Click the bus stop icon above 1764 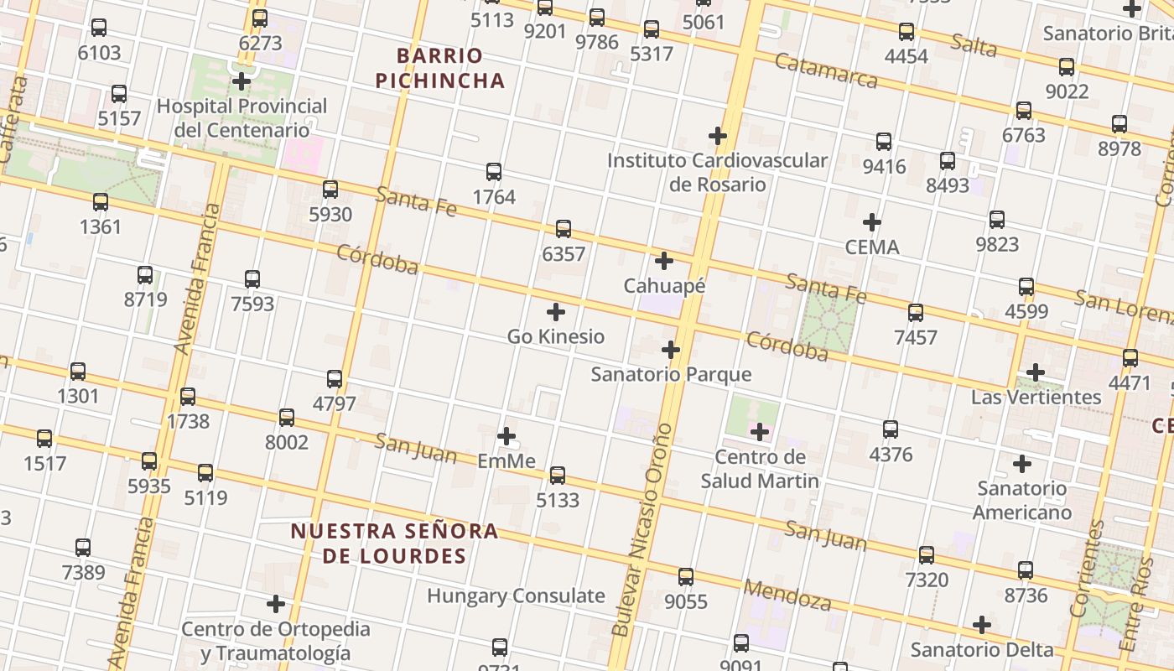(494, 172)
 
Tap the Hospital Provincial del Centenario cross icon (242, 81)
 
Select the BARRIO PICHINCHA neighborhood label (440, 68)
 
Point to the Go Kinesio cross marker (555, 312)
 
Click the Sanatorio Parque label (671, 374)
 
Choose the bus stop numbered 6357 (564, 229)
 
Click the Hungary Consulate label (516, 596)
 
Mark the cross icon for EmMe (506, 436)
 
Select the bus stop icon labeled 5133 (558, 476)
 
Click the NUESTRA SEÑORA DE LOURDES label (394, 543)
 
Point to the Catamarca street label (825, 70)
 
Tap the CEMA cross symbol (872, 222)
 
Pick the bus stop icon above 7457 (916, 313)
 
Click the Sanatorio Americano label (1022, 500)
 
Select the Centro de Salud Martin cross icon (760, 432)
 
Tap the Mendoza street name (787, 595)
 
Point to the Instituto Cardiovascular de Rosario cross (718, 135)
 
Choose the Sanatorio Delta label (982, 650)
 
